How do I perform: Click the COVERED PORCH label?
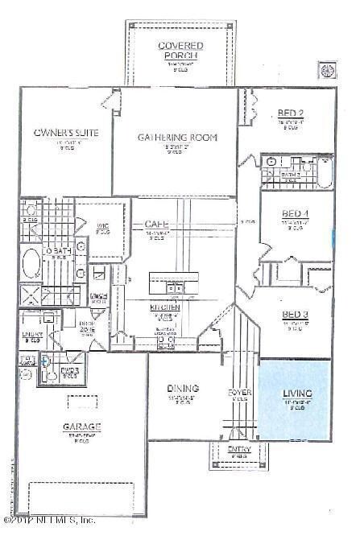pyautogui.click(x=180, y=50)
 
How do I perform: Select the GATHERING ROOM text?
pyautogui.click(x=179, y=138)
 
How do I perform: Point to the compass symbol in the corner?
pyautogui.click(x=328, y=70)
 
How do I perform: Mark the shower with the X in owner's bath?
pyautogui.click(x=31, y=293)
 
